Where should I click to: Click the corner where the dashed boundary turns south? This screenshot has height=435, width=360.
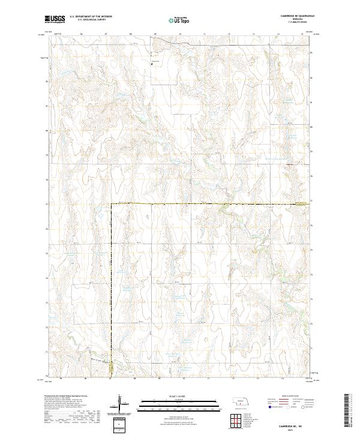[x=110, y=204]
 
